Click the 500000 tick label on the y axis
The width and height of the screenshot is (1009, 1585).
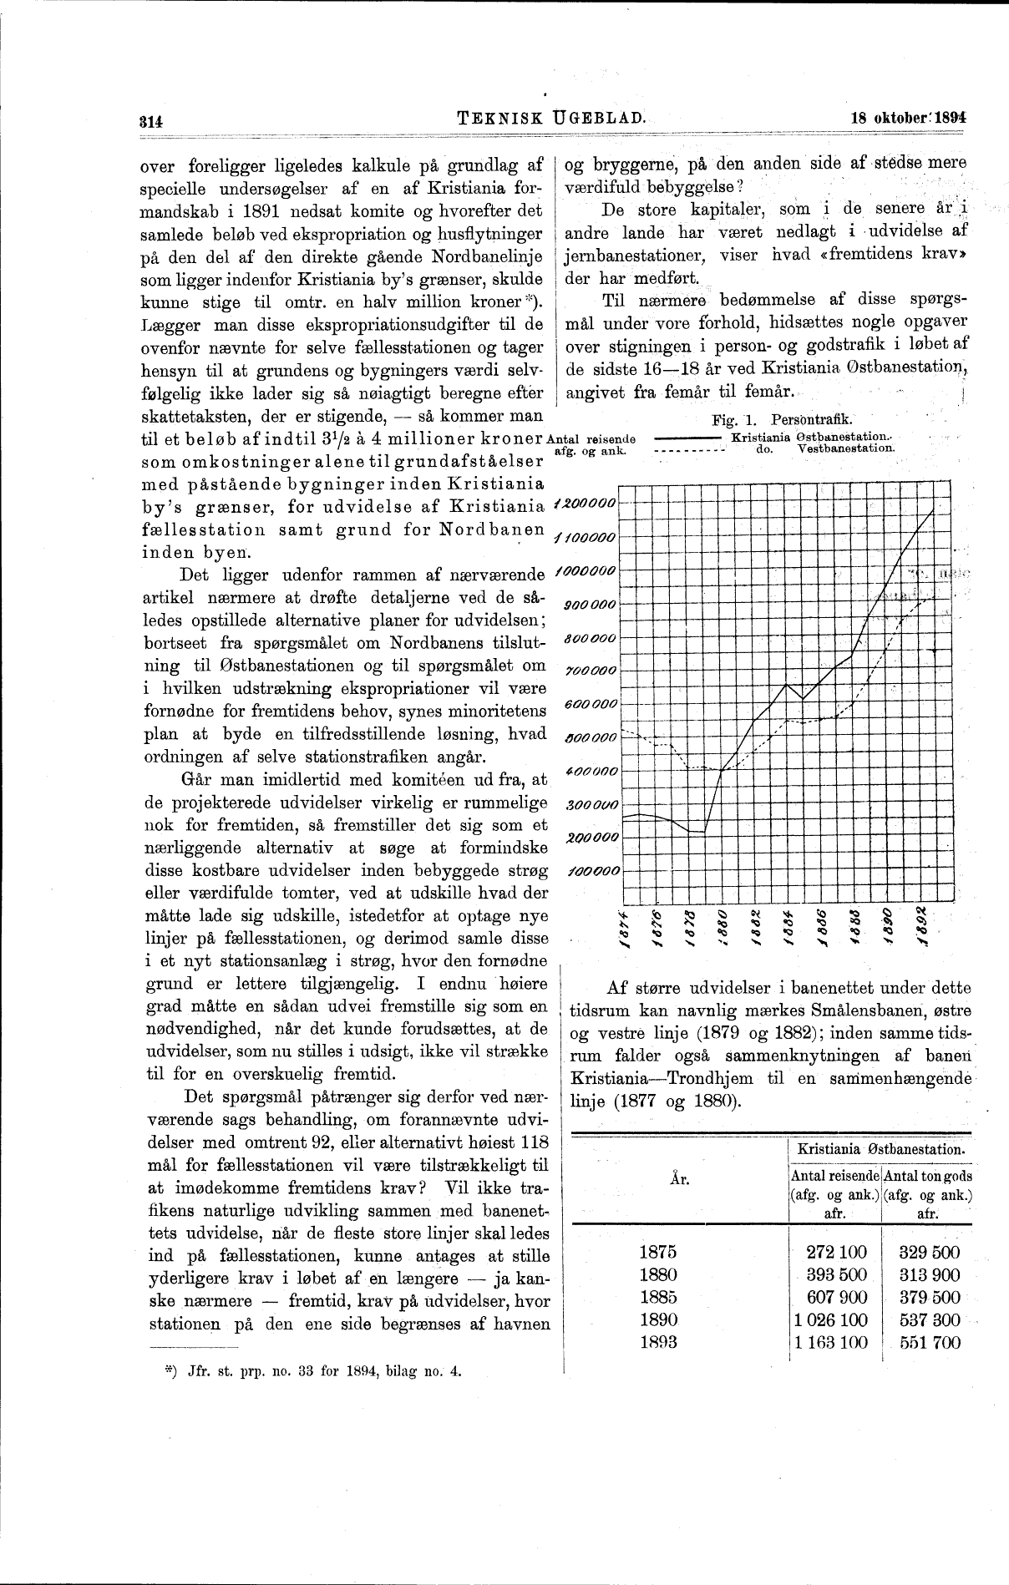tap(590, 737)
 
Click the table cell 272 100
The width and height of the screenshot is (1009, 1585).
tap(836, 1252)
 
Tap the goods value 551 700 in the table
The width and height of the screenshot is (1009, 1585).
tap(930, 1342)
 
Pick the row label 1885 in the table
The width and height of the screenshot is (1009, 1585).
tap(657, 1297)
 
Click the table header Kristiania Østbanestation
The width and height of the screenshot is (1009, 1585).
tap(883, 1149)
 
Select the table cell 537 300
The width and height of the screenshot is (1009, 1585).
tap(930, 1319)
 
